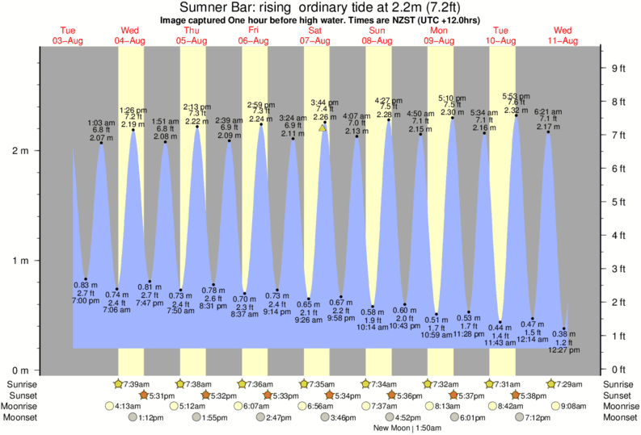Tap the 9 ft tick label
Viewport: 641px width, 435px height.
618,68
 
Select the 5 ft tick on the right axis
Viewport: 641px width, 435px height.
618,202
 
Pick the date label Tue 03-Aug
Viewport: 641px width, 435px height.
67,36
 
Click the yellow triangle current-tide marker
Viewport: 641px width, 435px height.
323,127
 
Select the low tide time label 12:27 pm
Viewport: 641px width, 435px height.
564,350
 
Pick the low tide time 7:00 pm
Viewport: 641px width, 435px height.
86,300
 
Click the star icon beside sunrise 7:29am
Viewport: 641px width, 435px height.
552,383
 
